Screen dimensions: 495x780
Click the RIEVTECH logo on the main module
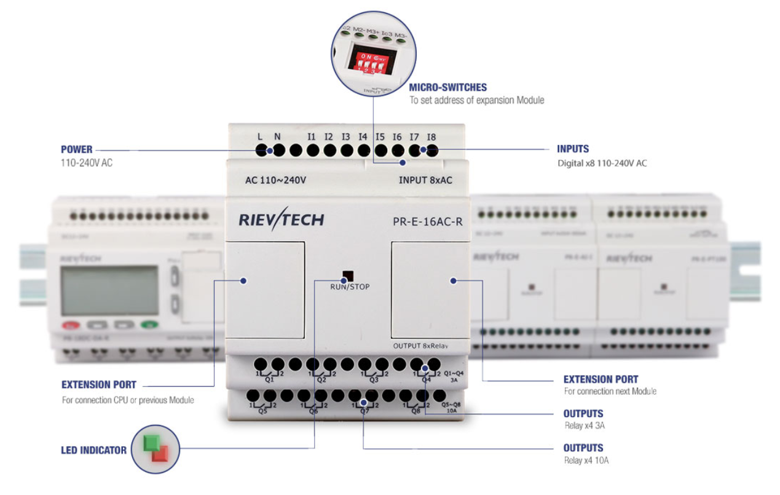click(x=280, y=220)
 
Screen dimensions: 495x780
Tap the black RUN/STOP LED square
click(x=349, y=275)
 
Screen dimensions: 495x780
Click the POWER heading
click(x=77, y=149)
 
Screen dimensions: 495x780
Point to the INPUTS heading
click(x=573, y=149)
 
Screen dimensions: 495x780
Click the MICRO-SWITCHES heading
click(x=448, y=87)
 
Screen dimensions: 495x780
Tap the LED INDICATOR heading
click(x=94, y=450)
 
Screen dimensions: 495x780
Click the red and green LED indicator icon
click(x=156, y=449)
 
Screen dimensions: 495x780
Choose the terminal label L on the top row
click(x=261, y=137)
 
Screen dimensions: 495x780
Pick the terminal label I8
click(x=431, y=137)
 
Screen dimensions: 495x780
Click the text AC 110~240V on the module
click(x=275, y=180)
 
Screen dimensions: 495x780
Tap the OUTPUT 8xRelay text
click(x=421, y=346)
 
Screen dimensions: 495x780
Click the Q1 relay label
click(x=269, y=379)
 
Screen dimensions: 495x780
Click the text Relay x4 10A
click(x=586, y=460)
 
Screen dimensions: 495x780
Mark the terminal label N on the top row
click(x=277, y=137)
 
